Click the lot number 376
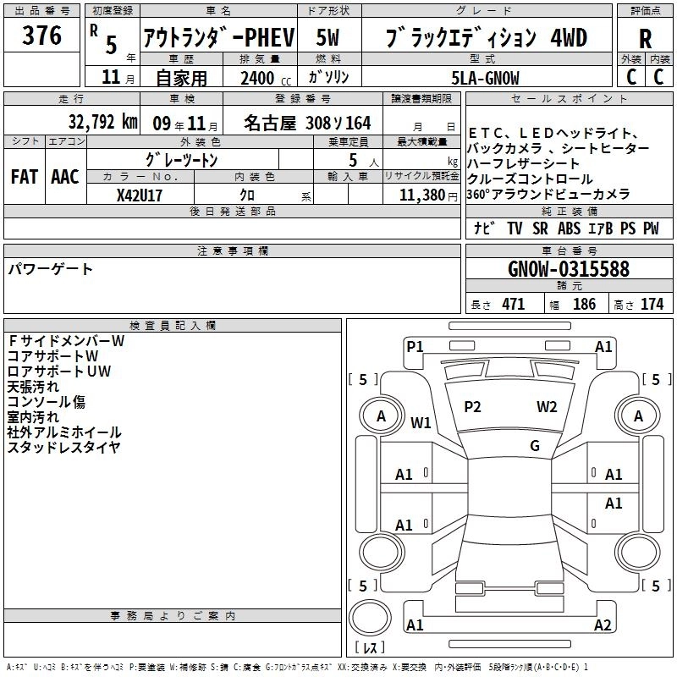(x=41, y=36)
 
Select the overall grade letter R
(x=645, y=39)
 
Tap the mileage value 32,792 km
(x=103, y=122)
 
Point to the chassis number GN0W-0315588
(x=569, y=268)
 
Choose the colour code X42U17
(x=140, y=195)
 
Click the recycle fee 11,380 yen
(x=428, y=195)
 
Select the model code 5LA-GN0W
(x=485, y=78)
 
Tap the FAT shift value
(x=25, y=177)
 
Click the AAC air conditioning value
(x=65, y=177)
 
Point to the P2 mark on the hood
(x=472, y=407)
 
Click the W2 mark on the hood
(x=547, y=407)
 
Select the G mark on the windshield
(x=535, y=446)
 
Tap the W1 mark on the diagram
(x=421, y=422)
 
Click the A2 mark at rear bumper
(x=603, y=625)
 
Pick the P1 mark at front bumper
(x=415, y=347)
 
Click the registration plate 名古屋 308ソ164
(x=307, y=123)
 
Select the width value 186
(x=584, y=304)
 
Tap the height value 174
(x=652, y=304)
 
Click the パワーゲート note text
(x=50, y=269)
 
